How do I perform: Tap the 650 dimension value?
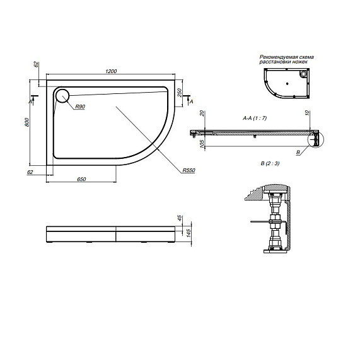(x=81, y=180)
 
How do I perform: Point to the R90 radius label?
(x=80, y=107)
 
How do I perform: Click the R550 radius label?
(x=187, y=171)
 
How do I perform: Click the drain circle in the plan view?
(x=62, y=96)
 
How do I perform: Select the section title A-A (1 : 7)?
(x=255, y=118)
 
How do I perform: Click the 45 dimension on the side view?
(x=180, y=219)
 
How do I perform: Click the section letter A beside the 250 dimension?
(x=191, y=102)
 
